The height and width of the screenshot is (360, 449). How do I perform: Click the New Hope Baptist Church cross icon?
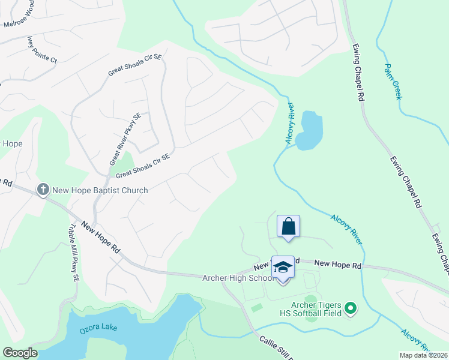click(43, 190)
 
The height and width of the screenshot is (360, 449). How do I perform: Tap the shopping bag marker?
click(288, 227)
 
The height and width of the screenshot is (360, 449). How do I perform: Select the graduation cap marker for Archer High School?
click(283, 268)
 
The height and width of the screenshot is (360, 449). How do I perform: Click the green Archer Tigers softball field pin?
click(351, 309)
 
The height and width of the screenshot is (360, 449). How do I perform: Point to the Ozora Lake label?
click(98, 329)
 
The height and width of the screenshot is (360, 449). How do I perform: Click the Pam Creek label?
click(393, 82)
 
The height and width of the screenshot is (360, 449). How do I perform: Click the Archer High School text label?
click(238, 278)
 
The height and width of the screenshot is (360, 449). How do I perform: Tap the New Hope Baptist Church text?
click(100, 190)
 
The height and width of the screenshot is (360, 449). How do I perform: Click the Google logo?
click(19, 353)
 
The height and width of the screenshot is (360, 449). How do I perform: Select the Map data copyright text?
click(423, 355)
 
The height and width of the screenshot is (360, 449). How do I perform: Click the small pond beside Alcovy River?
click(310, 130)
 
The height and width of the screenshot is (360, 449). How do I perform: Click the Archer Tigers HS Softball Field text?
click(310, 308)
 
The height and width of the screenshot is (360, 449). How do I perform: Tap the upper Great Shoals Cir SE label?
click(135, 65)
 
